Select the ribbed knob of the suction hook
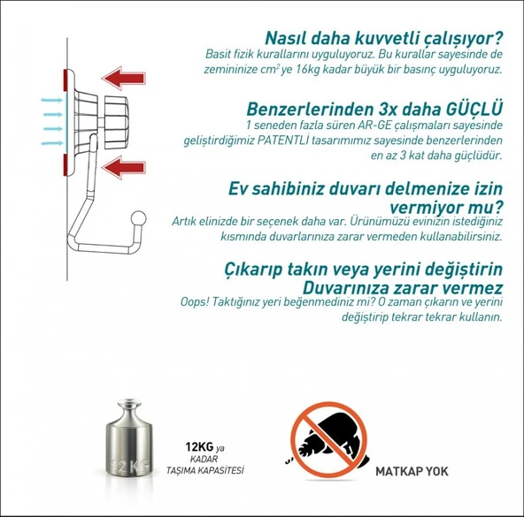tap(117, 117)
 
